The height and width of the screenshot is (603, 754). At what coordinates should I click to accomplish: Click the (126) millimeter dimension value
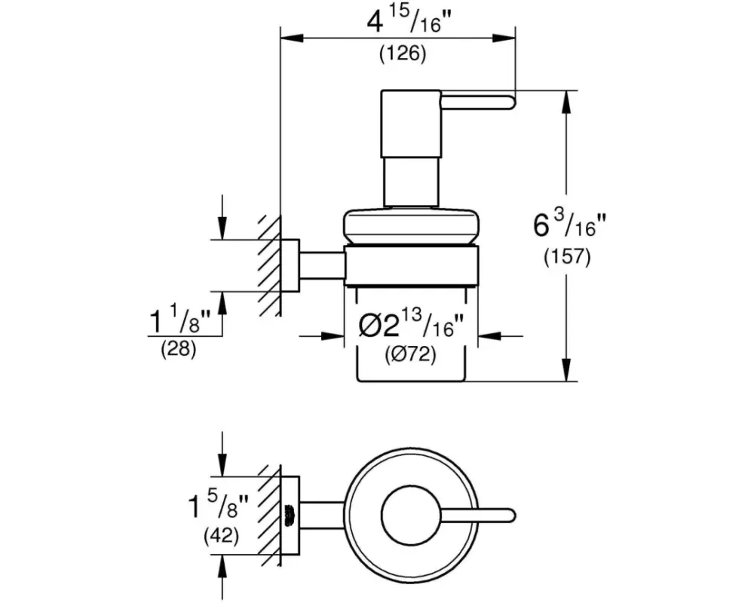(x=403, y=54)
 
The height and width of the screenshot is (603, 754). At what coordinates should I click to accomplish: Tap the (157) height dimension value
(x=567, y=257)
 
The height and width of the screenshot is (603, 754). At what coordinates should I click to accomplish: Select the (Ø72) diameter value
(x=411, y=355)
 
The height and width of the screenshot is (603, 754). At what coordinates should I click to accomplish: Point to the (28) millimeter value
(x=179, y=348)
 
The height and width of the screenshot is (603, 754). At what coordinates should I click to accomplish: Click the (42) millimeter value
(x=221, y=536)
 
